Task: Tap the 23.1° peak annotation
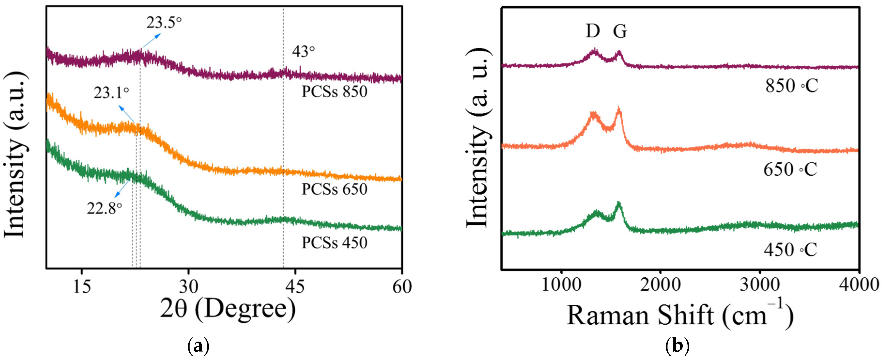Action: pos(112,93)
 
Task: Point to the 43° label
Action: pos(303,52)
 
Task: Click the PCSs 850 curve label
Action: pos(334,92)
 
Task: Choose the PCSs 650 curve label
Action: pos(334,189)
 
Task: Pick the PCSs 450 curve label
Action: pos(334,243)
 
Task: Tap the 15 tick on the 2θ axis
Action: pos(82,286)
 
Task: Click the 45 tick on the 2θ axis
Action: pos(295,286)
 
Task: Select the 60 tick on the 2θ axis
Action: pos(402,286)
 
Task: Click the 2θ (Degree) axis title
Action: pos(228,309)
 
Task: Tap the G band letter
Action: pos(620,31)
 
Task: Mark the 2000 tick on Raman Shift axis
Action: pos(660,285)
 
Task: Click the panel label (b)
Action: pos(677,347)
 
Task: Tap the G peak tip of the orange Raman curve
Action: pos(619,109)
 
